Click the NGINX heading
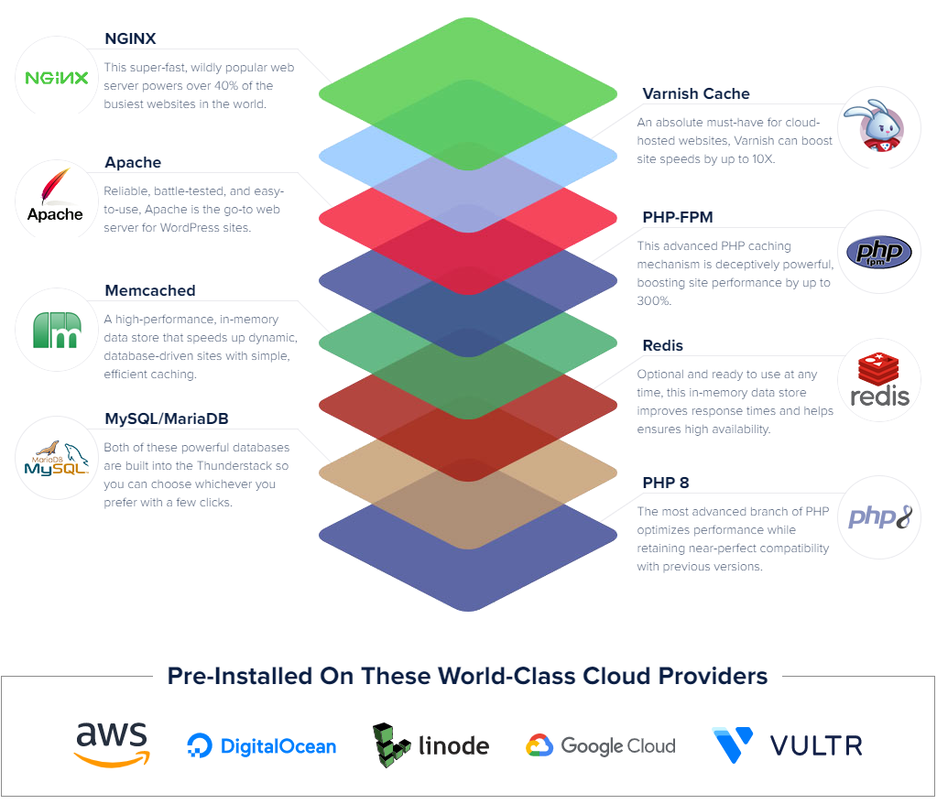click(x=130, y=38)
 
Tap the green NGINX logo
click(x=57, y=78)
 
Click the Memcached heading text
click(x=150, y=290)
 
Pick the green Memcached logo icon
click(x=57, y=330)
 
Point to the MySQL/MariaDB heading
click(x=167, y=418)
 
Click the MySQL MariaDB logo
click(x=57, y=458)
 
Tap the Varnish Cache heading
click(x=696, y=93)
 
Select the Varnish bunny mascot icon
click(x=879, y=127)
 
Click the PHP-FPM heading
click(x=678, y=217)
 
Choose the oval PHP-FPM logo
click(x=879, y=252)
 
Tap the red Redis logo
click(x=879, y=380)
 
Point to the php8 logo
click(x=879, y=517)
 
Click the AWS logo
click(x=112, y=744)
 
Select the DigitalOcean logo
click(x=262, y=746)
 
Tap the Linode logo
click(x=430, y=745)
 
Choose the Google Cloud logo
click(x=601, y=745)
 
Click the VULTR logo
click(x=788, y=745)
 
